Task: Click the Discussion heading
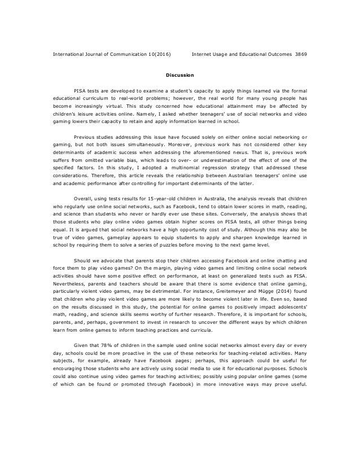tap(180, 74)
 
